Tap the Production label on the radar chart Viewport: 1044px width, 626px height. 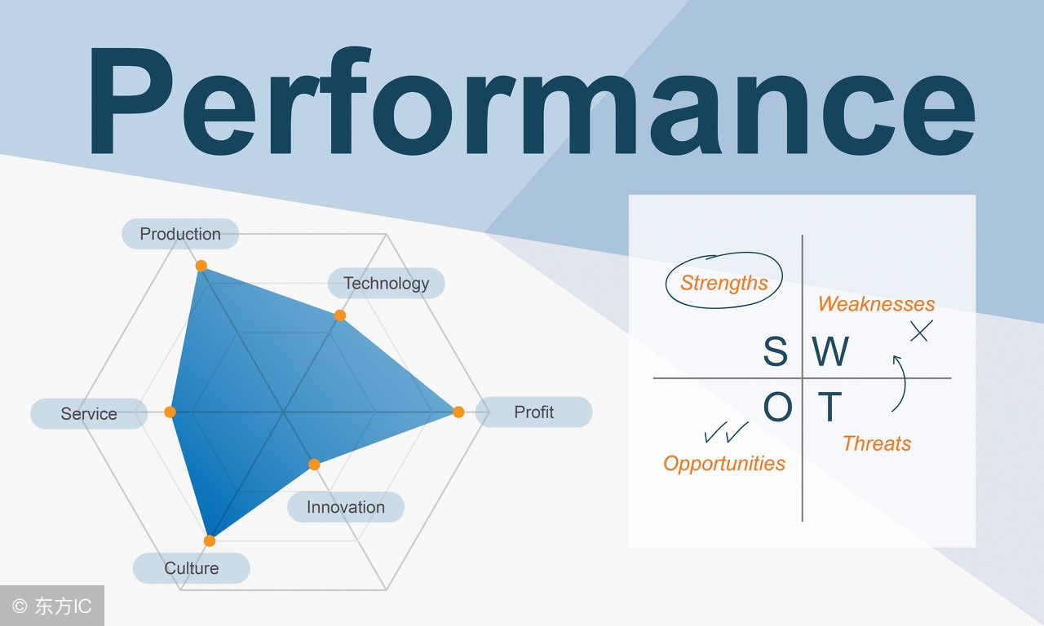180,234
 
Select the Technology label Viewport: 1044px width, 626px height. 386,283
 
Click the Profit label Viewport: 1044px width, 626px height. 534,412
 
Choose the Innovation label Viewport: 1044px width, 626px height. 346,507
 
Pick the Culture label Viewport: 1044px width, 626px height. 192,568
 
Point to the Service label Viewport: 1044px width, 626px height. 89,414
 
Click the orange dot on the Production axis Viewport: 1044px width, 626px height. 201,266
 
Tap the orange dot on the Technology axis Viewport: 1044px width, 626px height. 340,315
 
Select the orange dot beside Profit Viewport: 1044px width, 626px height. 458,412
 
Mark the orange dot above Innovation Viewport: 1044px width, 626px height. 314,465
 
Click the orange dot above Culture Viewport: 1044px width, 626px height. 210,540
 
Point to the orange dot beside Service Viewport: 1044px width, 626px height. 170,412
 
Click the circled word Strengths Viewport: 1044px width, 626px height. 724,283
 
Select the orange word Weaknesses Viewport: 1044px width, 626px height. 876,304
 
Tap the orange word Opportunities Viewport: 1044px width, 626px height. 724,464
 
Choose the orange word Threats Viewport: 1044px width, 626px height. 877,443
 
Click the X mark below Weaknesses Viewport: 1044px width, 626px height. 921,331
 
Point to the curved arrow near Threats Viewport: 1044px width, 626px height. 900,383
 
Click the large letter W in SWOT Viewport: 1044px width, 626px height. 830,352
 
